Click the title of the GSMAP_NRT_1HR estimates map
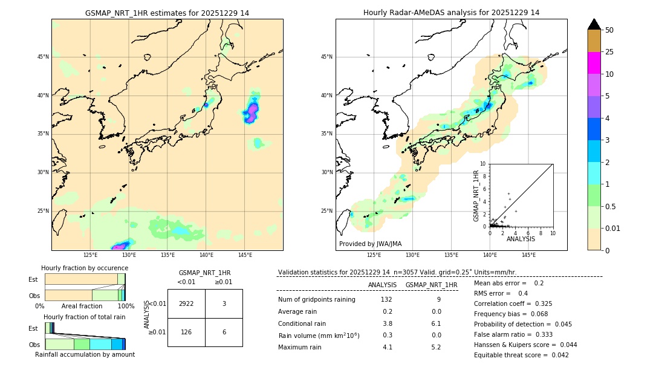(167, 13)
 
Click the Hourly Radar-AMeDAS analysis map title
(451, 13)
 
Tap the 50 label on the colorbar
(609, 30)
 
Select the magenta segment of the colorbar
(594, 63)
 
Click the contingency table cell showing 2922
(186, 303)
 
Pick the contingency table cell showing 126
(186, 331)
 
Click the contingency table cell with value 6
(224, 331)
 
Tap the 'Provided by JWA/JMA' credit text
(370, 244)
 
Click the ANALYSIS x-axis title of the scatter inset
(521, 239)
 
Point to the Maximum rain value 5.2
(436, 347)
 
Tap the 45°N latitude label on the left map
(43, 57)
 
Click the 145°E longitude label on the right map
(528, 255)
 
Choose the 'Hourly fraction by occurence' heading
(85, 268)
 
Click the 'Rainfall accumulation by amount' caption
(85, 354)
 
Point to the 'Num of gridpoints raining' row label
(316, 300)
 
